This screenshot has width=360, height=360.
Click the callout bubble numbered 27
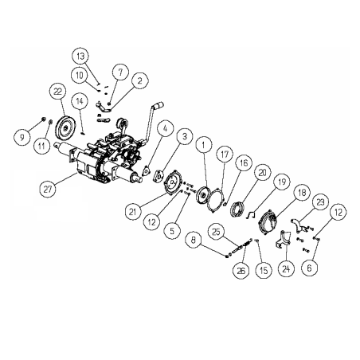point(48,190)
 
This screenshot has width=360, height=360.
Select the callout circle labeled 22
point(57,92)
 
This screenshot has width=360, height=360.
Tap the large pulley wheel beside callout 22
point(65,128)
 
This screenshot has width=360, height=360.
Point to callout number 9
point(22,137)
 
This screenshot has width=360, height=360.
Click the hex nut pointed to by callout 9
point(44,119)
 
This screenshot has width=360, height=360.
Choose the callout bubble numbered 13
point(80,56)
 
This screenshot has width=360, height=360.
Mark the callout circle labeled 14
point(80,101)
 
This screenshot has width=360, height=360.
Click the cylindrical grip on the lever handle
point(158,105)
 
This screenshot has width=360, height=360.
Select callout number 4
point(165,129)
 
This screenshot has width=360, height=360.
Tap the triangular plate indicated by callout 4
point(145,170)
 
